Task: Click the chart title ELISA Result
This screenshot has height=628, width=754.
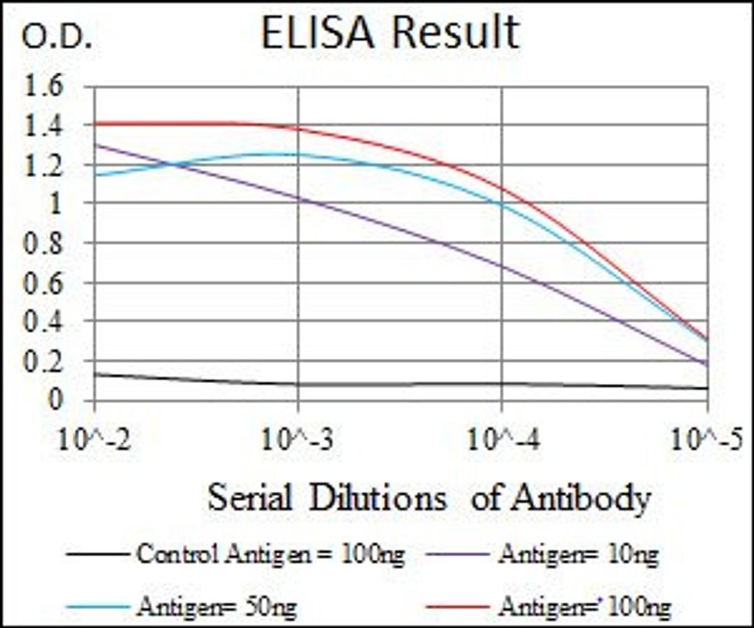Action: [390, 33]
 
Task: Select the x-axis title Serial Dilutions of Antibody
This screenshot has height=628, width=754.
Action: [429, 498]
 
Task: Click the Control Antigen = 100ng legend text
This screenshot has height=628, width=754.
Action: [270, 555]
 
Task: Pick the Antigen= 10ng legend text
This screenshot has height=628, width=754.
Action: [579, 555]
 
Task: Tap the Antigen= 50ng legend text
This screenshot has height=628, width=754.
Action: [216, 606]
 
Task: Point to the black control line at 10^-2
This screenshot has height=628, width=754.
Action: [95, 374]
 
